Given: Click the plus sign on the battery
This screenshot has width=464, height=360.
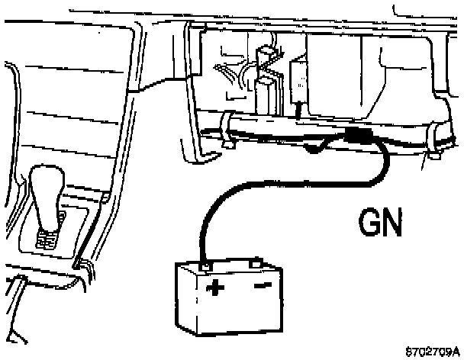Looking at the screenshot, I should pos(215,288).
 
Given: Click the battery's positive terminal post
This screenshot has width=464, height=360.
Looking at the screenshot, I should pos(205,263).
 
